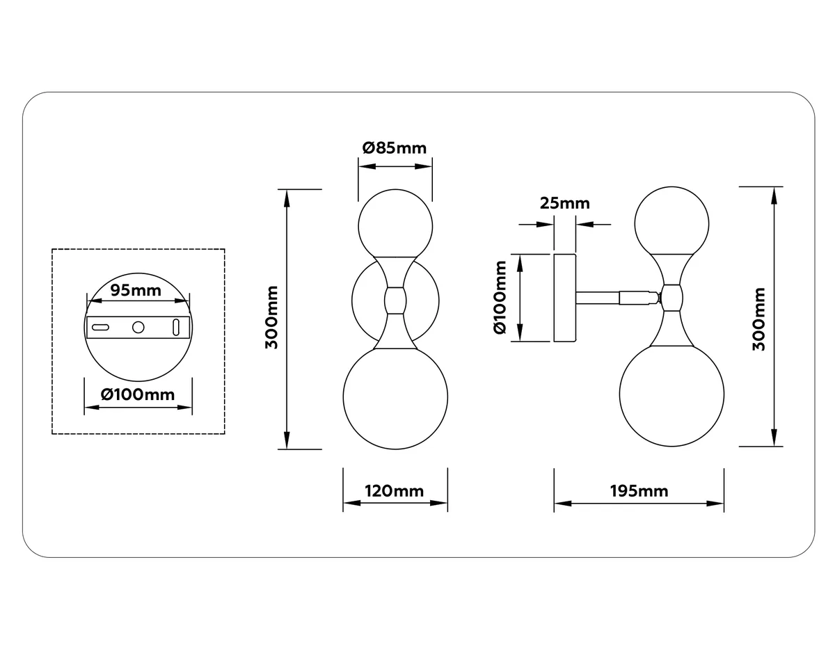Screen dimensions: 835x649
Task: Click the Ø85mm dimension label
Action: click(x=395, y=148)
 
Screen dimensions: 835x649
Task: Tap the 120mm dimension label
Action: click(x=395, y=491)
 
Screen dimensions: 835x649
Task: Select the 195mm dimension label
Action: click(x=639, y=491)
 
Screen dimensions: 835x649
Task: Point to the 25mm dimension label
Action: click(x=564, y=203)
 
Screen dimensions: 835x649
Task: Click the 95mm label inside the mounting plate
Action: click(x=136, y=290)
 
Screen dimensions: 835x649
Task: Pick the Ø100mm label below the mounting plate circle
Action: click(x=138, y=394)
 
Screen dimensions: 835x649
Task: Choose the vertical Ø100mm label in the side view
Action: click(x=500, y=297)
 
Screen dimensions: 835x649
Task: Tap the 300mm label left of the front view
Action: click(x=271, y=317)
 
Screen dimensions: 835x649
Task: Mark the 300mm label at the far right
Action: click(x=758, y=319)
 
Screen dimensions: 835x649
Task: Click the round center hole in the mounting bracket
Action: click(x=138, y=328)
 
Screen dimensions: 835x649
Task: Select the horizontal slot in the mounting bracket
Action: click(x=100, y=328)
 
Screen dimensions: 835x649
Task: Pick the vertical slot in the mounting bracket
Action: click(x=176, y=327)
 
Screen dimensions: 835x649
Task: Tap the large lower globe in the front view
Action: click(x=395, y=397)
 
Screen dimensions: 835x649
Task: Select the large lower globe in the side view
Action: click(x=671, y=394)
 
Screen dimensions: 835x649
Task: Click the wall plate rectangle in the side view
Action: click(x=564, y=298)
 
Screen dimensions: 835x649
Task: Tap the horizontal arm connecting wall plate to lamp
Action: click(x=619, y=298)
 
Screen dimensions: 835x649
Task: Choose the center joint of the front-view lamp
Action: click(x=395, y=301)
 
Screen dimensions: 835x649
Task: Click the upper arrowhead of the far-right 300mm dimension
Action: click(x=774, y=195)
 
